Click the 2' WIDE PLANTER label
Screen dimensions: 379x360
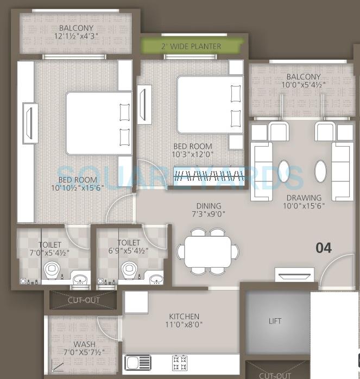(x=191, y=46)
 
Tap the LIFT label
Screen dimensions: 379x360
(x=275, y=321)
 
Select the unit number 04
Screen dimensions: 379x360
(x=324, y=248)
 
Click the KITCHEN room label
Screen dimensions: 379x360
(x=184, y=317)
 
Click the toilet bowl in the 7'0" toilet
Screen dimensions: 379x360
(x=52, y=269)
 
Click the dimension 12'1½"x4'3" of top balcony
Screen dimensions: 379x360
(x=77, y=37)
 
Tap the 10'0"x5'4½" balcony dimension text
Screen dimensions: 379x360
(x=304, y=85)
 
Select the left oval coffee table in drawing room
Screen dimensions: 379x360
(x=284, y=170)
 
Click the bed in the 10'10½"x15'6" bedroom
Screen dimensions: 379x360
(x=98, y=123)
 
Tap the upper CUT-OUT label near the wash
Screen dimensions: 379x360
(x=84, y=300)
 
